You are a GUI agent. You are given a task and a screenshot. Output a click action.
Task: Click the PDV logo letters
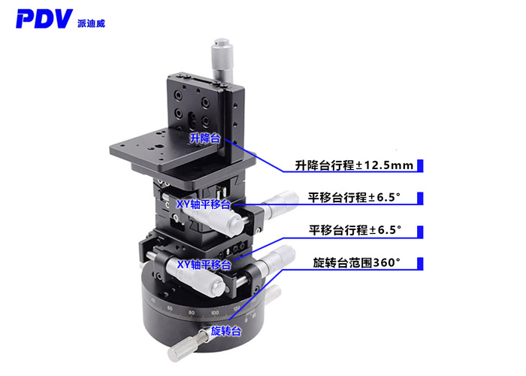[46, 18]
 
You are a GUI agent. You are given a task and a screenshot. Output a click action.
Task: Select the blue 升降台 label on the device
[204, 138]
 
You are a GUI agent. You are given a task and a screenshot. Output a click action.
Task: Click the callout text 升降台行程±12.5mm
[354, 165]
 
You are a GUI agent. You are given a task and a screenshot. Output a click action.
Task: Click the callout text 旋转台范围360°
[357, 263]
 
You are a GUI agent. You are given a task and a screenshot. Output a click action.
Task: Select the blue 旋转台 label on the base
[225, 331]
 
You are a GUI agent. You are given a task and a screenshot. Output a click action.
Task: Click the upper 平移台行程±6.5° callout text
[355, 198]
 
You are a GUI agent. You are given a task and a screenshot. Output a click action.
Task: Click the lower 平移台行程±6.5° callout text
[355, 229]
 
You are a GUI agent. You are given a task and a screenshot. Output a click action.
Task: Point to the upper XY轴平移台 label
[204, 204]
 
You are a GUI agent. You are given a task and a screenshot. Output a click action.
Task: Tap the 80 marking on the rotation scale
[192, 312]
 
